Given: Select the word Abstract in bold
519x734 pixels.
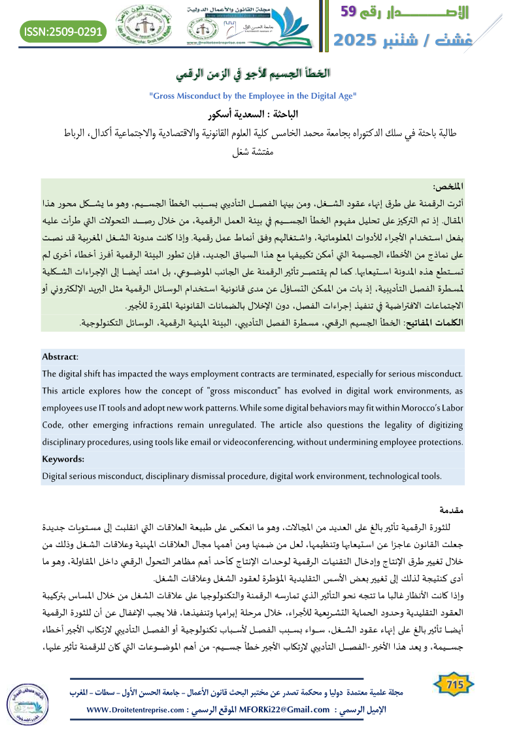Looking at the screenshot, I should pos(59,357).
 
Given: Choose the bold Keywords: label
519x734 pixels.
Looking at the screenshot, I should pos(63,459).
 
